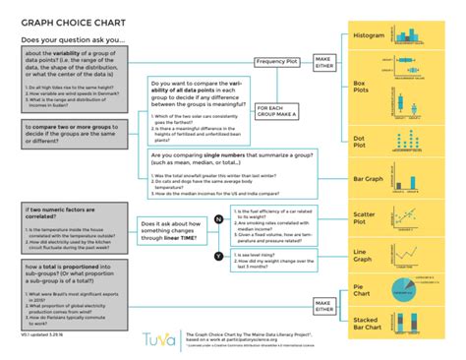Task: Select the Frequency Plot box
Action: coord(277,61)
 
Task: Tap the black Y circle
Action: coord(191,255)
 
